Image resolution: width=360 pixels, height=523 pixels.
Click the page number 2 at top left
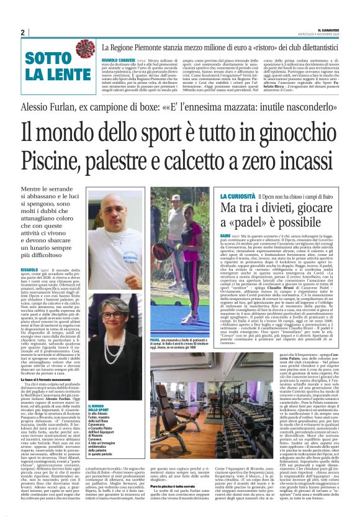22,32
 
